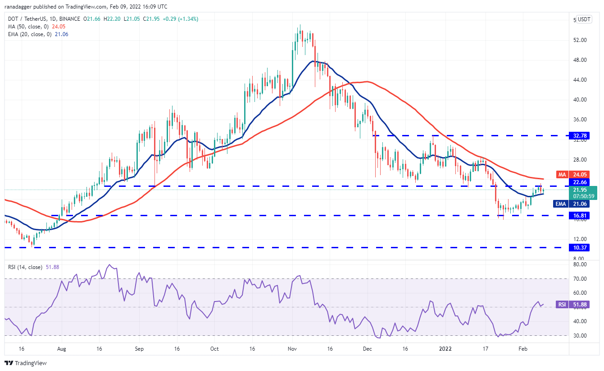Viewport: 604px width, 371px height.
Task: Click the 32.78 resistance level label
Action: [583, 135]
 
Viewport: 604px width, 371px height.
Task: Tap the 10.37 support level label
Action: [583, 247]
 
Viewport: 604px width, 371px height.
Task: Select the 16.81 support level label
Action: [583, 215]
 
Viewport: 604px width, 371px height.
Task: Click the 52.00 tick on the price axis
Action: [580, 40]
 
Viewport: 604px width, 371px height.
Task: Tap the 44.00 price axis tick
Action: [580, 80]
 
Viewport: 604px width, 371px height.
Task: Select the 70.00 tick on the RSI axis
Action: [580, 279]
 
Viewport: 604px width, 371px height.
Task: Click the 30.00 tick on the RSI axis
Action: [580, 336]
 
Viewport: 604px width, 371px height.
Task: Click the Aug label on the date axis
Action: [62, 349]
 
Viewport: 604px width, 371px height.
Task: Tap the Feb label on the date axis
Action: [522, 349]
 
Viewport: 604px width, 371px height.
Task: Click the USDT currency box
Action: [584, 19]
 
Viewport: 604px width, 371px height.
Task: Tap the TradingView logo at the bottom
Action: [26, 363]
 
